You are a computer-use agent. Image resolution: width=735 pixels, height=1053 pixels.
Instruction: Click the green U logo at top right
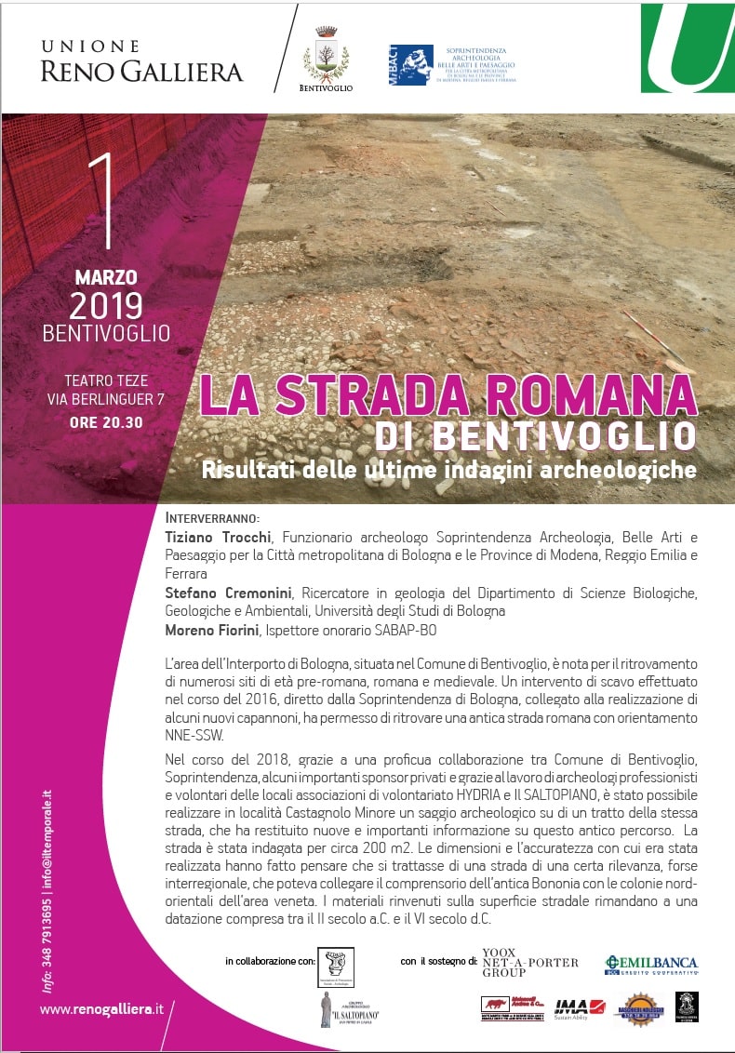[x=687, y=48]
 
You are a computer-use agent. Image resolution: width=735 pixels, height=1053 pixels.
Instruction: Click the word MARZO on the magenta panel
[x=106, y=277]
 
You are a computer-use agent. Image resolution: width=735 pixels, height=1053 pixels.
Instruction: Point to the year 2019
[x=106, y=305]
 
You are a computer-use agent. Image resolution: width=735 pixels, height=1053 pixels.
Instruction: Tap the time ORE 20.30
[x=106, y=421]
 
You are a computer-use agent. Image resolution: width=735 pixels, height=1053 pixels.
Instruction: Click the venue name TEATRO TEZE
[x=106, y=380]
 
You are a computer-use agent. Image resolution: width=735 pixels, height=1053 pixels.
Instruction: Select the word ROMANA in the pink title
[x=575, y=393]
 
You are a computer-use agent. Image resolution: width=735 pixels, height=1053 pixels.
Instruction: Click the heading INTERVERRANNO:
[x=212, y=517]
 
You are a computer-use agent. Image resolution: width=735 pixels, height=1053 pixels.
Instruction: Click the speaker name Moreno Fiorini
[x=216, y=630]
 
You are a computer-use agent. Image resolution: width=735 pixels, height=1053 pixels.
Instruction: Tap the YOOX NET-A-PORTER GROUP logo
[x=529, y=963]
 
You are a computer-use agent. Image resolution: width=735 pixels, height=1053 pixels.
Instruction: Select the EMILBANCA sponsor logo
[x=650, y=965]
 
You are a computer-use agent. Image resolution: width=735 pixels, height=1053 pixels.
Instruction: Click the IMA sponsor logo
[x=570, y=1006]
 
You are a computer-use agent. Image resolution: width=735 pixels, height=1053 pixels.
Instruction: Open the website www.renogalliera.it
[x=101, y=1008]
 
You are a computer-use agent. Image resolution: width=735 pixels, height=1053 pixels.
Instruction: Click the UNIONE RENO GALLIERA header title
[x=141, y=61]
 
